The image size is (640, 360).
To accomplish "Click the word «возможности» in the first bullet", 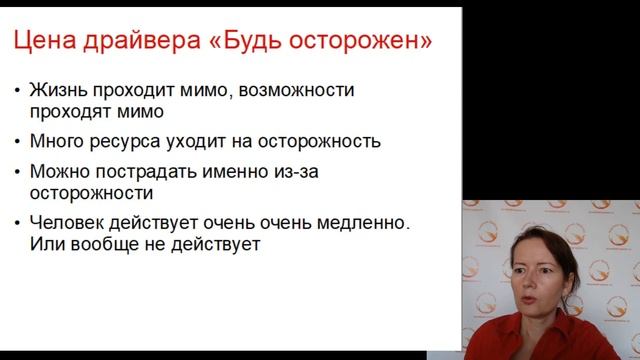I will [x=299, y=90].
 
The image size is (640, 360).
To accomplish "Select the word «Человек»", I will [x=65, y=222].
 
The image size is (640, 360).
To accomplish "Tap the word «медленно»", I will [x=359, y=222].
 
